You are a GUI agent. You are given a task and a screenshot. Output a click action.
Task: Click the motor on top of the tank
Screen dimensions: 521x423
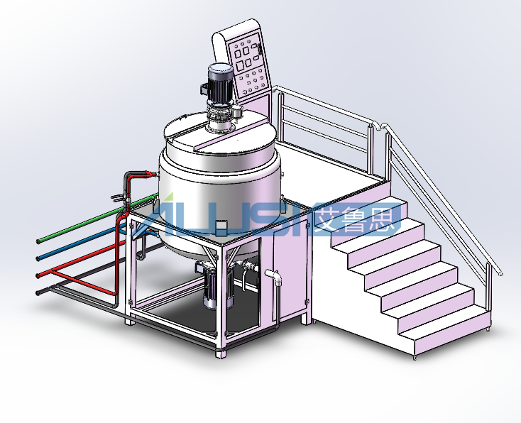tap(220, 83)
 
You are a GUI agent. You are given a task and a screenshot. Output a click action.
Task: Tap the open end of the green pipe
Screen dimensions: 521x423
tap(39, 241)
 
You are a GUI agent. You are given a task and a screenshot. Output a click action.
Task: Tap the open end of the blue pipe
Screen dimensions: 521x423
tap(39, 258)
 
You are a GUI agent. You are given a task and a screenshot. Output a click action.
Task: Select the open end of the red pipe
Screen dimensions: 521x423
tap(39, 275)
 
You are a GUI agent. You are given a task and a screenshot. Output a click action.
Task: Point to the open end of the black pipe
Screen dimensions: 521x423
tap(39, 292)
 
